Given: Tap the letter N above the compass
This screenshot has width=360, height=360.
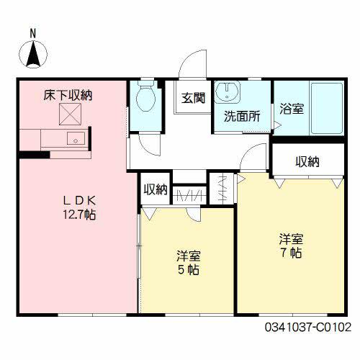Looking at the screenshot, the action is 33,33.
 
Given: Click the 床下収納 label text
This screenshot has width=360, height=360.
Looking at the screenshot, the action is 68,96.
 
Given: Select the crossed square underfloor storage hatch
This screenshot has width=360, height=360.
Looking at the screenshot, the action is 70,114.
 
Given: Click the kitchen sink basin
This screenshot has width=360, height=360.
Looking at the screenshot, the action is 76,138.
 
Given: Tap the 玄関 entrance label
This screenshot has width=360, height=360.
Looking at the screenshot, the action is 194,98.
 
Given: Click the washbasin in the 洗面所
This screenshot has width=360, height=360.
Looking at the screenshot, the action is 227,91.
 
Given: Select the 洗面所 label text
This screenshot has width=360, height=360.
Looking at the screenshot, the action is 242,117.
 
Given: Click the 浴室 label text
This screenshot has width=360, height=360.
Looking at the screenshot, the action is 292,109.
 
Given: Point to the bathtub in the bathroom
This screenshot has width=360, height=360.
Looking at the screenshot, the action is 326,108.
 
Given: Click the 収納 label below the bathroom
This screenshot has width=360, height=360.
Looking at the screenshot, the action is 307,162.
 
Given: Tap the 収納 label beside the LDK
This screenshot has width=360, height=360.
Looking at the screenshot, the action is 156,189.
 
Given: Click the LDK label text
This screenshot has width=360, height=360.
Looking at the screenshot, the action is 79,201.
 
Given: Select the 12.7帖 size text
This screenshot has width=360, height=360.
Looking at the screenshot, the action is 79,215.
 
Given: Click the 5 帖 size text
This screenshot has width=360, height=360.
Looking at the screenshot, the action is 189,270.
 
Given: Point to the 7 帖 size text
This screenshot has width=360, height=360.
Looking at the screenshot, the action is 292,253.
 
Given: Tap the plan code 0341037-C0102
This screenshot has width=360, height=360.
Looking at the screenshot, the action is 308,327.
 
